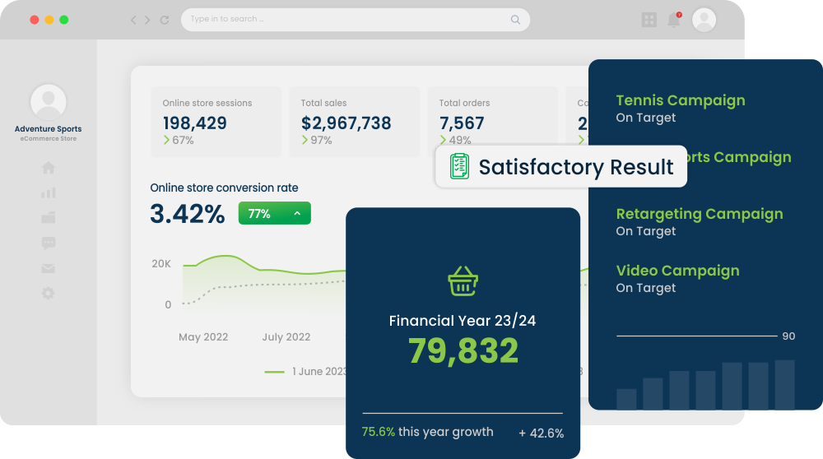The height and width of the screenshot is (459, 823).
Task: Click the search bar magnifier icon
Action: pyautogui.click(x=516, y=20)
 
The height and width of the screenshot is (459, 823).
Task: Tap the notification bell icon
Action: pyautogui.click(x=674, y=20)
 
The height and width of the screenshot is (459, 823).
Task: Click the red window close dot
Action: pyautogui.click(x=35, y=20)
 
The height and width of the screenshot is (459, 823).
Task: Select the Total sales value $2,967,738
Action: pyautogui.click(x=346, y=123)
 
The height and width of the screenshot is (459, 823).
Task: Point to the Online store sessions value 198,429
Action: pyautogui.click(x=194, y=123)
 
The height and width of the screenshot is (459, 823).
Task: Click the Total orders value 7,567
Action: pyautogui.click(x=462, y=123)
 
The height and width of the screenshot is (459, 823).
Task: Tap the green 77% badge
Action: pyautogui.click(x=274, y=214)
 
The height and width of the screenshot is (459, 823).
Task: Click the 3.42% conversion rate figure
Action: pyautogui.click(x=188, y=214)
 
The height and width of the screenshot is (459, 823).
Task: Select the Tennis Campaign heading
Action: pyautogui.click(x=681, y=100)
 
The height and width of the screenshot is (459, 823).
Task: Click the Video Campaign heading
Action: pyautogui.click(x=677, y=271)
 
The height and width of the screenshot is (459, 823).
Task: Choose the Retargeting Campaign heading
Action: pyautogui.click(x=700, y=214)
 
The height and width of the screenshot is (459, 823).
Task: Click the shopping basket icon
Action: pyautogui.click(x=463, y=281)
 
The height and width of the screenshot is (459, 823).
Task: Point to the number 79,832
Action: pyautogui.click(x=463, y=351)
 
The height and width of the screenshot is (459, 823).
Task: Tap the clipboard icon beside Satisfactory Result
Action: pyautogui.click(x=459, y=166)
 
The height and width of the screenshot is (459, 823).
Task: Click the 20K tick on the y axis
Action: pyautogui.click(x=161, y=264)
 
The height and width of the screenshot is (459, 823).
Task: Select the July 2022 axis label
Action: pyautogui.click(x=286, y=336)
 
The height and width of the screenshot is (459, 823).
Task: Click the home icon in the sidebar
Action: pyautogui.click(x=49, y=169)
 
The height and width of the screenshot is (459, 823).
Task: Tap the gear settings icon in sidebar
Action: pyautogui.click(x=49, y=293)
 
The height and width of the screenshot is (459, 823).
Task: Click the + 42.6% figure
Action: pyautogui.click(x=541, y=433)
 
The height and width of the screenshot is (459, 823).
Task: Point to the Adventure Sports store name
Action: pyautogui.click(x=49, y=129)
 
